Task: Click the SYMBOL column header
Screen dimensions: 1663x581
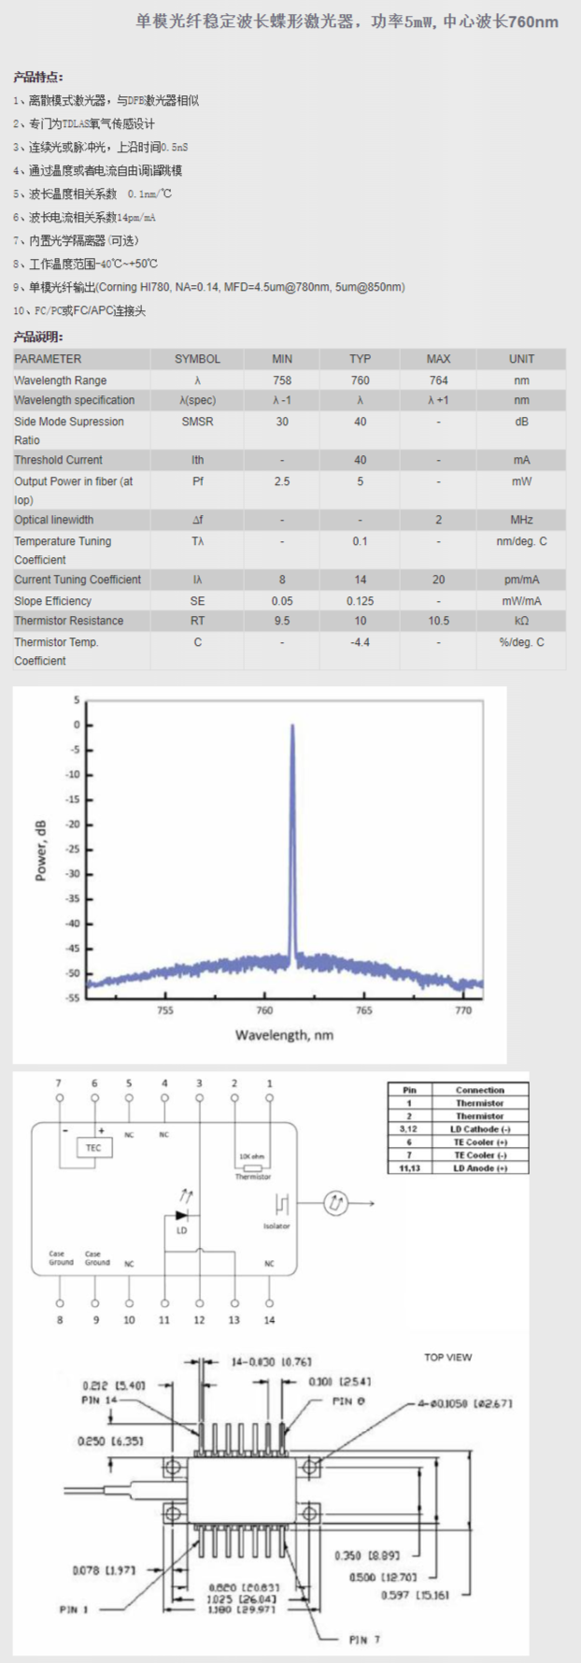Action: pyautogui.click(x=197, y=359)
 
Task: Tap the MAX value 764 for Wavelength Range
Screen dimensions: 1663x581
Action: pyautogui.click(x=438, y=380)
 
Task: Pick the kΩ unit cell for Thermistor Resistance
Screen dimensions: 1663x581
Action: pyautogui.click(x=521, y=621)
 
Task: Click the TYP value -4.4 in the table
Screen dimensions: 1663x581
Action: pyautogui.click(x=360, y=642)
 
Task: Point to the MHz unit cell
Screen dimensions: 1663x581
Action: pyautogui.click(x=521, y=520)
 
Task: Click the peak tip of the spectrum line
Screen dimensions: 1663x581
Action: pyautogui.click(x=292, y=726)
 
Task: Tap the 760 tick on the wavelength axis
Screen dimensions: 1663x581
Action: pyautogui.click(x=264, y=1011)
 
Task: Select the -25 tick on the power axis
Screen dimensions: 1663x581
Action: pyautogui.click(x=73, y=849)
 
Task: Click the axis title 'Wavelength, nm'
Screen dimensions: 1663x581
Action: pyautogui.click(x=284, y=1035)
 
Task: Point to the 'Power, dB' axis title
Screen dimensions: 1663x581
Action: pyautogui.click(x=41, y=850)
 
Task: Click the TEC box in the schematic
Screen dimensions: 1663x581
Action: pyautogui.click(x=93, y=1147)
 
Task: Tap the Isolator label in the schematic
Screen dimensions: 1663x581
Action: pyautogui.click(x=276, y=1226)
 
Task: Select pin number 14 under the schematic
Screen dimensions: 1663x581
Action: pyautogui.click(x=269, y=1320)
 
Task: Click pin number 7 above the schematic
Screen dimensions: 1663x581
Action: pyautogui.click(x=59, y=1083)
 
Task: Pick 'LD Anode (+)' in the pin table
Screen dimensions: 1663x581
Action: pyautogui.click(x=480, y=1168)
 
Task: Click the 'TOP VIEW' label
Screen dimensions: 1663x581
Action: pyautogui.click(x=447, y=1357)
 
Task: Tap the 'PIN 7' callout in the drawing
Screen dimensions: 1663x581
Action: pyautogui.click(x=363, y=1639)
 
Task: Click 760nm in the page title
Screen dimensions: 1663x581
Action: pyautogui.click(x=533, y=22)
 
